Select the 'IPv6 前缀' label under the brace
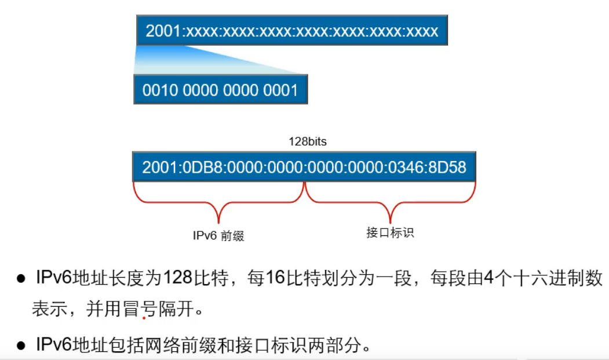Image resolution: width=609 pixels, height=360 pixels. tap(218, 236)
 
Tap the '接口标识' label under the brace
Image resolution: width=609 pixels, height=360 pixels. tap(390, 233)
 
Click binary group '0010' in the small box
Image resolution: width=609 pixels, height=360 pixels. tap(158, 90)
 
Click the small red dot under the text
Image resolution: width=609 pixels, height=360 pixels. tap(143, 318)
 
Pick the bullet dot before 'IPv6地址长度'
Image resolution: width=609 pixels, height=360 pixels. tap(21, 279)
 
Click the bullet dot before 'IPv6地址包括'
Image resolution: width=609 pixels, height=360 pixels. tap(21, 346)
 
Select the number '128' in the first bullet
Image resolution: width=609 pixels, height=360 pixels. tap(177, 278)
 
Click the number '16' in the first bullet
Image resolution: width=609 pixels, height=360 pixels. tap(276, 278)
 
